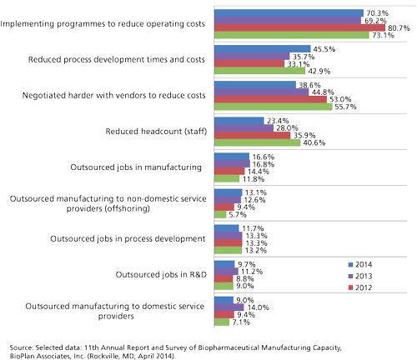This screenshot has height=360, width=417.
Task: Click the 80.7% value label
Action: [x=399, y=28]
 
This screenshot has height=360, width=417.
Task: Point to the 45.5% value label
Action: [x=324, y=49]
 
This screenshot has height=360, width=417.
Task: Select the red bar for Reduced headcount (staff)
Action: [x=252, y=135]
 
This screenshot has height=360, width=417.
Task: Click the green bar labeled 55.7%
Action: [x=274, y=107]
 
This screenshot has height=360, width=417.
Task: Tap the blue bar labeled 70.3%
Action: [x=289, y=13]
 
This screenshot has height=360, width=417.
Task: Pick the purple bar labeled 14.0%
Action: [x=229, y=307]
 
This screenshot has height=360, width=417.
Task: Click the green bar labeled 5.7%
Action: [x=220, y=215]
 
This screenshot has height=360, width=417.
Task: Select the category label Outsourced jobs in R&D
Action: [x=161, y=274]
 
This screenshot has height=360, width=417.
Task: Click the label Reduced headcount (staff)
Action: [x=156, y=131]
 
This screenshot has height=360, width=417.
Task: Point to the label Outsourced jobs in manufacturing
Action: [x=136, y=167]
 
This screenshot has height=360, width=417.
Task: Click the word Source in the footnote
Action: [x=21, y=347]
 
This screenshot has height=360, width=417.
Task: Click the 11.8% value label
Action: [x=254, y=179]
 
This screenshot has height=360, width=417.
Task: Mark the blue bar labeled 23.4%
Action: [x=239, y=121]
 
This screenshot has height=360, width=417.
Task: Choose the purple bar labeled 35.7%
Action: [x=252, y=57]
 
